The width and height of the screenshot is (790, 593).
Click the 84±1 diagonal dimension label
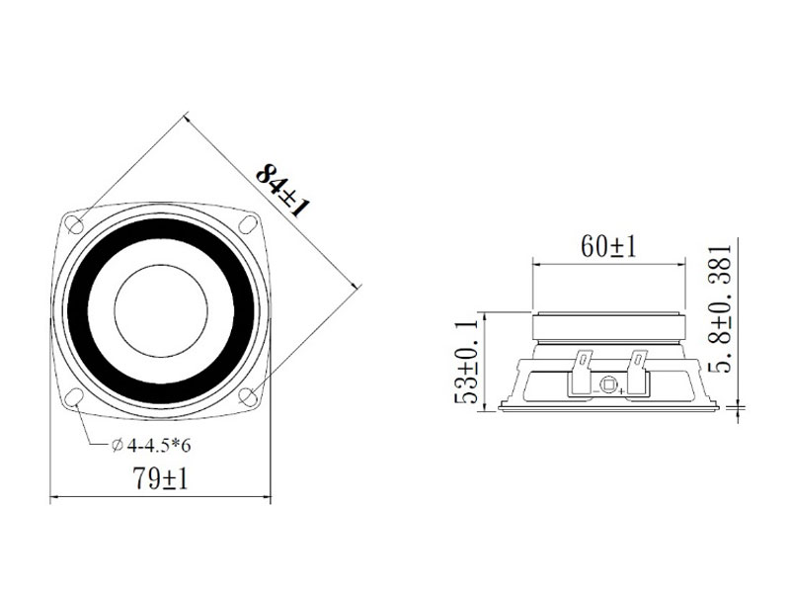282,190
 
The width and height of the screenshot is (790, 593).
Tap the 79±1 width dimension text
160,477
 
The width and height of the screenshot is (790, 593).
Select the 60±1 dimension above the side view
608,246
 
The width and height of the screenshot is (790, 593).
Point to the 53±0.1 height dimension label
465,361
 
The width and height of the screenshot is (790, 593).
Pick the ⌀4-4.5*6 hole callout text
151,446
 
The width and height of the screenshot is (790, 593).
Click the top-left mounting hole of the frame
76,223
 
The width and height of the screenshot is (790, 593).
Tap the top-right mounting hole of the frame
249,223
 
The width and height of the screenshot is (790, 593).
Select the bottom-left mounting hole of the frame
75,396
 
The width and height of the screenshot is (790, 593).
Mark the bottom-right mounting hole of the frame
248,396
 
